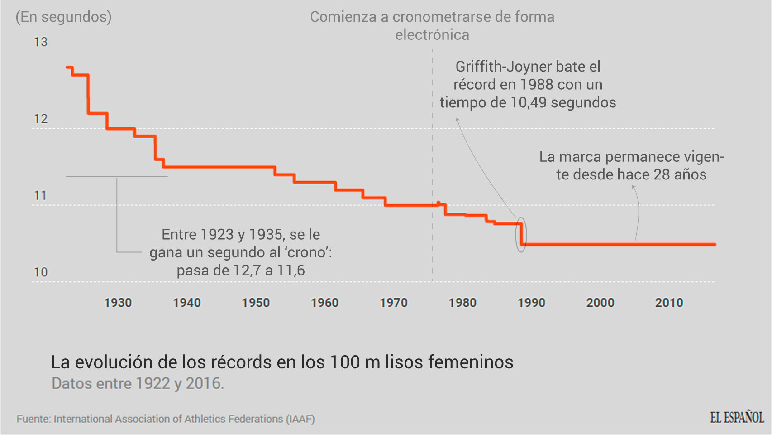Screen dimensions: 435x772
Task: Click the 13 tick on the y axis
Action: tap(41, 42)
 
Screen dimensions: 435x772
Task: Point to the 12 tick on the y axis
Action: tap(41, 119)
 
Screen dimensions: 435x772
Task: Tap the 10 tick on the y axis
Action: tap(41, 272)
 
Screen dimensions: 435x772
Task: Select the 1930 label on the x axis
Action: tap(118, 303)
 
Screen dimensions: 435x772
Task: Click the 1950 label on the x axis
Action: tap(256, 303)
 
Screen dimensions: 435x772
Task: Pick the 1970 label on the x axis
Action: tap(394, 303)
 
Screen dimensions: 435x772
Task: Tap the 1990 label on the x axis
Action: tap(531, 303)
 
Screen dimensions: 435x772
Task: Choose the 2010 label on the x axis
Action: tap(669, 303)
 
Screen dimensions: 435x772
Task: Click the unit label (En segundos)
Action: tap(63, 17)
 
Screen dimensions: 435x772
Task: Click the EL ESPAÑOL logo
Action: tap(737, 417)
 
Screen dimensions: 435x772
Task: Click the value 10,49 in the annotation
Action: tap(529, 102)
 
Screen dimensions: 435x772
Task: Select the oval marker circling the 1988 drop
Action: tap(521, 235)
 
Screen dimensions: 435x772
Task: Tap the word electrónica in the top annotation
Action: tap(432, 35)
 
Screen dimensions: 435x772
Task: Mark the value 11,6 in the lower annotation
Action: tap(291, 271)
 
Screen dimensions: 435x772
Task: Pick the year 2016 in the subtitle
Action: tap(204, 383)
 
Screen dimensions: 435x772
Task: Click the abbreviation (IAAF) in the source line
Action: tap(300, 419)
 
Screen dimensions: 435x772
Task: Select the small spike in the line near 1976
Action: tap(438, 203)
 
